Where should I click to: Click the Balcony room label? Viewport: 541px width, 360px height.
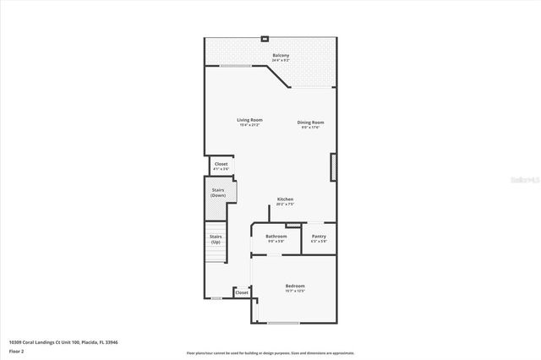[281, 56]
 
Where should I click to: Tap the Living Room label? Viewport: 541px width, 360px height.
[249, 120]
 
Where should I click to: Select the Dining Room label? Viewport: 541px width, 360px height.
[310, 123]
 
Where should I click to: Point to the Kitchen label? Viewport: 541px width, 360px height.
[285, 199]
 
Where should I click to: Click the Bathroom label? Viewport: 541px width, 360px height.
[276, 237]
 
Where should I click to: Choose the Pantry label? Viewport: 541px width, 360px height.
[319, 237]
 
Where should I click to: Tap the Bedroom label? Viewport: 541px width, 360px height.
[295, 286]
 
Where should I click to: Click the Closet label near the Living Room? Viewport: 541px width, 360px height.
[221, 164]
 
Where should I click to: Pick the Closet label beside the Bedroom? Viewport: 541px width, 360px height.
[241, 292]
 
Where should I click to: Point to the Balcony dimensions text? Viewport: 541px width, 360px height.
[281, 61]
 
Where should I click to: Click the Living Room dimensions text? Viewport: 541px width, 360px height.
[249, 125]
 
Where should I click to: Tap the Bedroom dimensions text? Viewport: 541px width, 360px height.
[295, 292]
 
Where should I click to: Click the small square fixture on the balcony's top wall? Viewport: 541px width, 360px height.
[265, 38]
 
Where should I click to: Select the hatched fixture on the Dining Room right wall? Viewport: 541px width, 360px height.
[333, 166]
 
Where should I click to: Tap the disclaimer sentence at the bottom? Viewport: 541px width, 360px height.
[270, 353]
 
